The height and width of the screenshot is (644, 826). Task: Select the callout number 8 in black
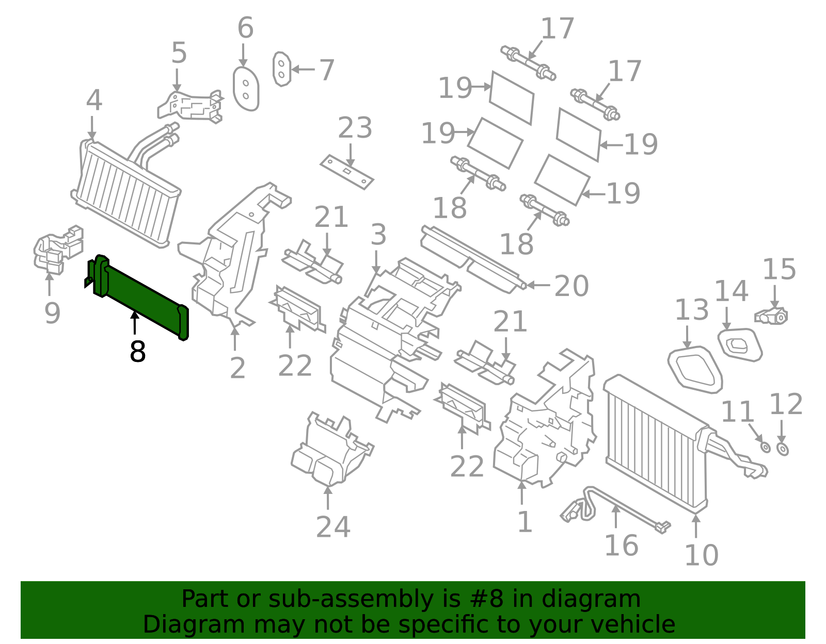coord(137,352)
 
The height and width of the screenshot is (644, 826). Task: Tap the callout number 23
coord(355,128)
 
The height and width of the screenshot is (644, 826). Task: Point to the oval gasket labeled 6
coord(246,89)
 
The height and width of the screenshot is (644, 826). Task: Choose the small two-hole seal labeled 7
coord(281,69)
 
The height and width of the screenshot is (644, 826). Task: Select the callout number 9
coord(52,313)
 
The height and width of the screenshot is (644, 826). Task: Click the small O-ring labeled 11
coord(765,447)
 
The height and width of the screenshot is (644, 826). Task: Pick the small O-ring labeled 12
coord(783,449)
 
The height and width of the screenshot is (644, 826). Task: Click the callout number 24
coord(333,527)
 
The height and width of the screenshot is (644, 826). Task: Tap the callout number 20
coord(571,286)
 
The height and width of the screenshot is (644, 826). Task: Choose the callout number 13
coord(692,310)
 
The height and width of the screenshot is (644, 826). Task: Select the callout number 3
coord(378,235)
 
